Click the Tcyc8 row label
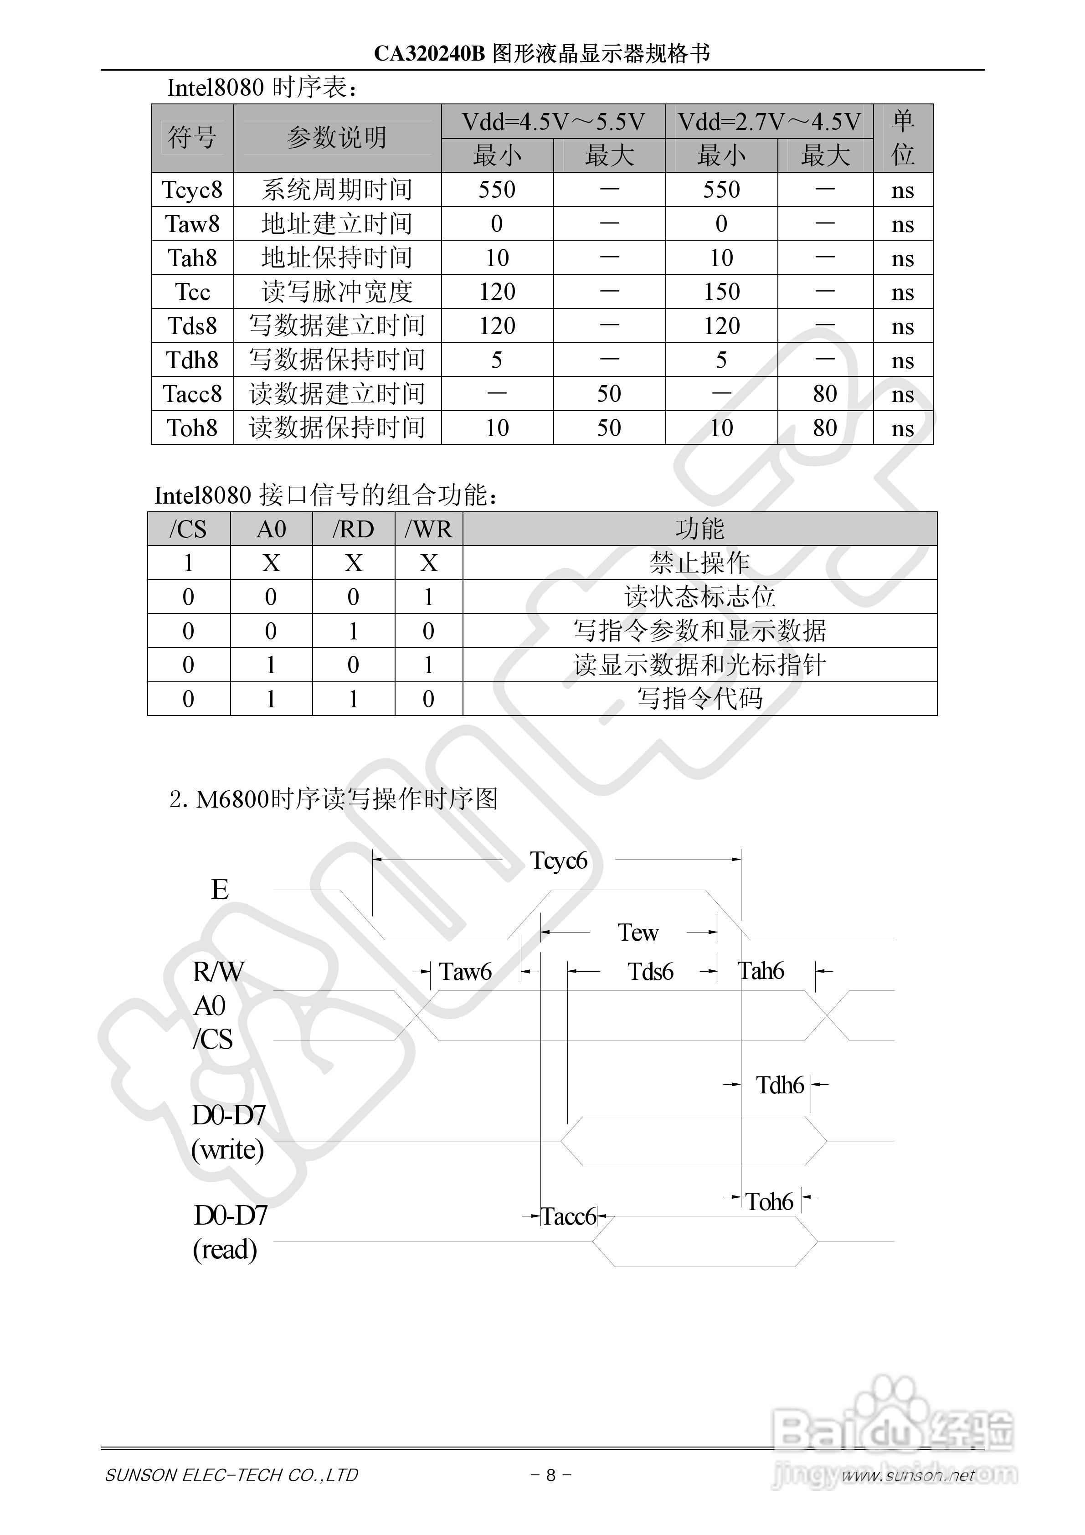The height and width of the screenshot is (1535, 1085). pyautogui.click(x=193, y=190)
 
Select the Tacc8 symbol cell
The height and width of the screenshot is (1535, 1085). pyautogui.click(x=193, y=394)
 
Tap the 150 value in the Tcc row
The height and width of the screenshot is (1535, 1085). pyautogui.click(x=721, y=292)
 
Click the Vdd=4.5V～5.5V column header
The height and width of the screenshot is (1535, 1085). pyautogui.click(x=553, y=122)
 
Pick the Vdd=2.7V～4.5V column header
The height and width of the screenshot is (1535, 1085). pyautogui.click(x=769, y=122)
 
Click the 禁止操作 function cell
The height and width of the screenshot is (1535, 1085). pyautogui.click(x=699, y=563)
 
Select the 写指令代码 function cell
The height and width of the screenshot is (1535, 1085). pyautogui.click(x=699, y=699)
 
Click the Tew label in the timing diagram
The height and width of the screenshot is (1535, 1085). pyautogui.click(x=638, y=932)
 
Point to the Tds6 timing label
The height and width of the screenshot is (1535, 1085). pyautogui.click(x=650, y=971)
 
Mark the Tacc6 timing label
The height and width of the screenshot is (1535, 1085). pyautogui.click(x=568, y=1216)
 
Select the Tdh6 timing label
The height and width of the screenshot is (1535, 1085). pyautogui.click(x=780, y=1084)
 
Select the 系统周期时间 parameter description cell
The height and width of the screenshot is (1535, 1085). pyautogui.click(x=336, y=190)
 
